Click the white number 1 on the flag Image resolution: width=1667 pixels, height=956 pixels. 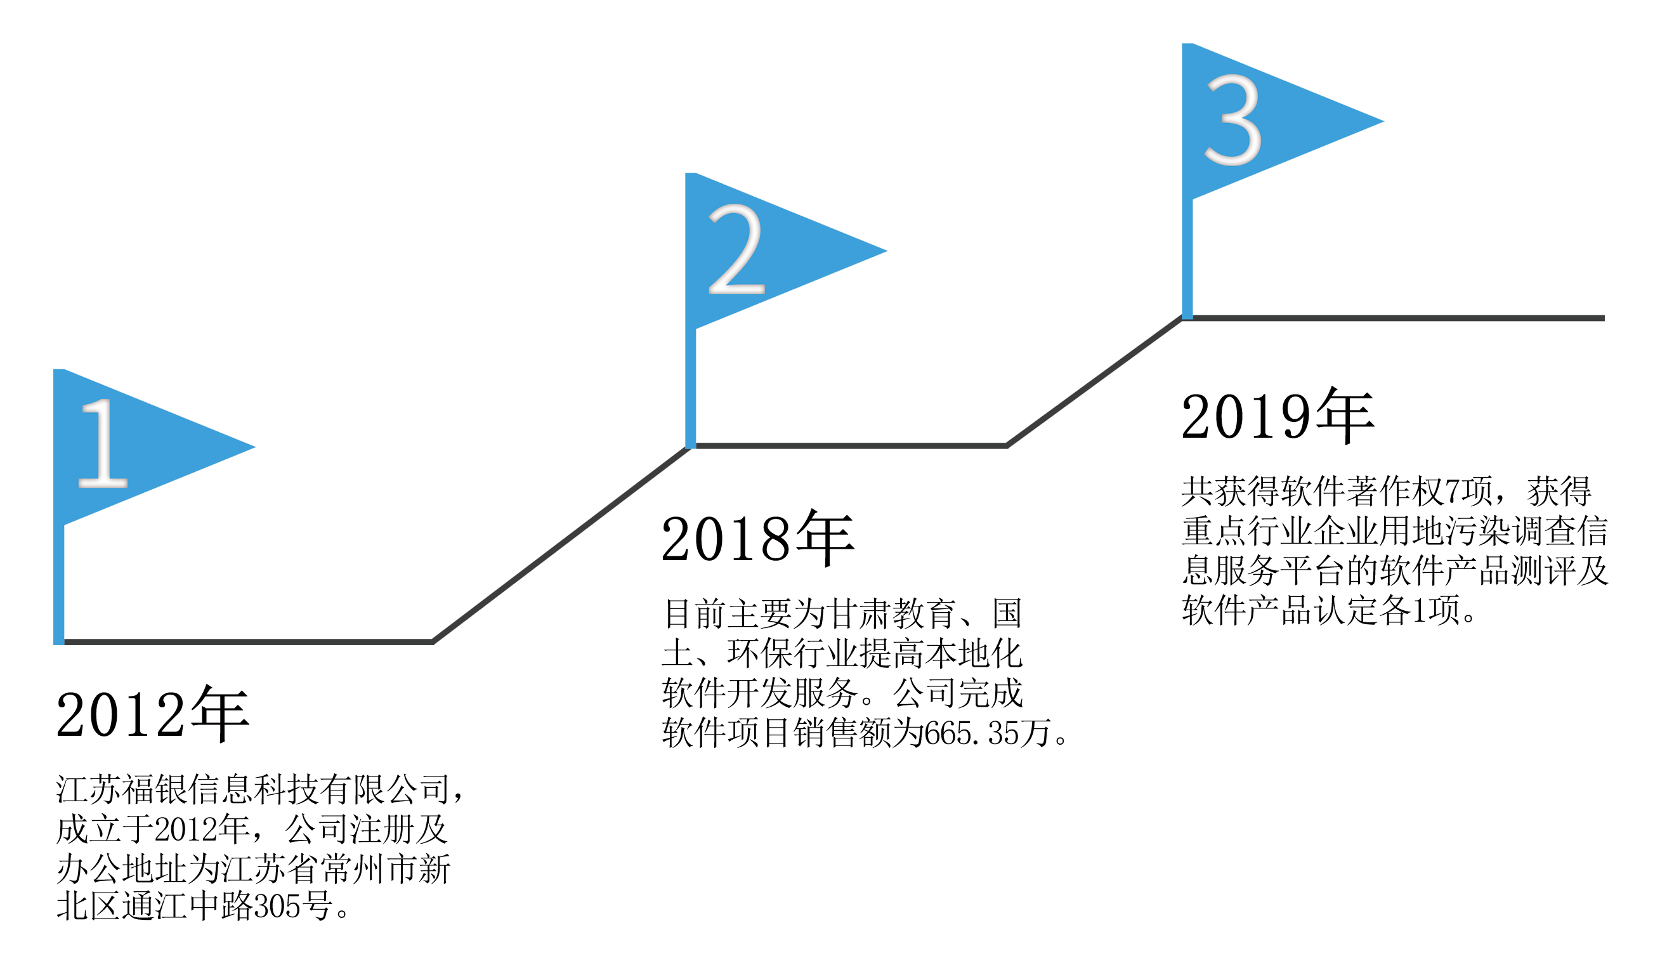coord(102,443)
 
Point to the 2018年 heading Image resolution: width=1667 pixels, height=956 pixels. coord(758,539)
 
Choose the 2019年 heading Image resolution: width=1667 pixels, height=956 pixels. coord(1278,416)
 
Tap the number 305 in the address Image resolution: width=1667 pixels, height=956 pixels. coord(277,907)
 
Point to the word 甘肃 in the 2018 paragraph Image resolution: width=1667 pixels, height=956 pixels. coord(858,614)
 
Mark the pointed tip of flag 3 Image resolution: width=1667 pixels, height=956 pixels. coord(1384,121)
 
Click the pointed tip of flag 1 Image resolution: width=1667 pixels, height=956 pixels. coord(255,447)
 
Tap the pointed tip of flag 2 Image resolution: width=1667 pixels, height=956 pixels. coord(887,250)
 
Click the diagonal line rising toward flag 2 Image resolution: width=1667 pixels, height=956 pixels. coord(561,544)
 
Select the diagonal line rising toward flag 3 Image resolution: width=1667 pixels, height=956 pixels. coord(1094,382)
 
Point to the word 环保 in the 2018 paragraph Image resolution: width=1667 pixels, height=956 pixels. coord(760,653)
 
